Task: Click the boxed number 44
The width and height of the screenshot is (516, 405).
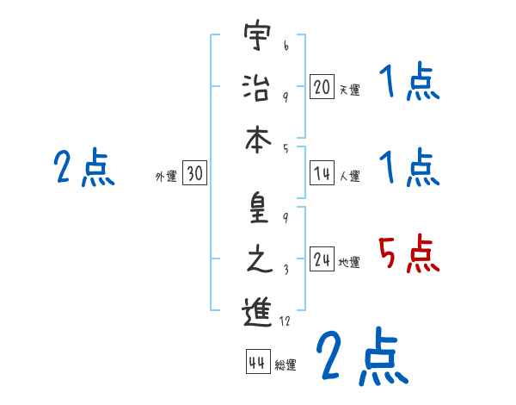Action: (x=256, y=362)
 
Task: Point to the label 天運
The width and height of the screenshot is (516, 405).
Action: (x=349, y=90)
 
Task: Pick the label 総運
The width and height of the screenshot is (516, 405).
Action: (x=286, y=364)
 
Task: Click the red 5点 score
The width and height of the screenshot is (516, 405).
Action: (x=409, y=253)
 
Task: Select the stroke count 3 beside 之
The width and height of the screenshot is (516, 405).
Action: (x=286, y=270)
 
